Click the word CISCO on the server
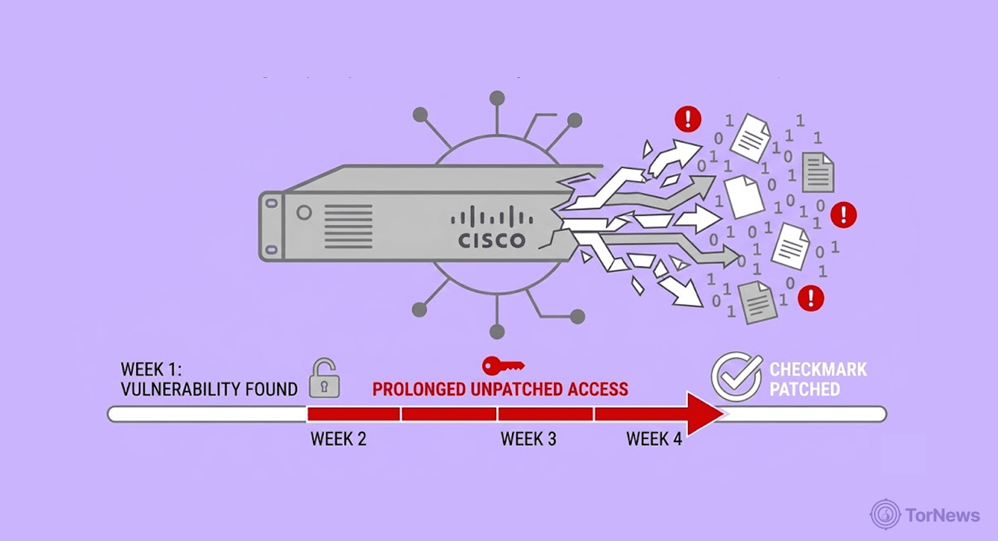(492, 241)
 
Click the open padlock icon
(324, 380)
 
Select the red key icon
(503, 365)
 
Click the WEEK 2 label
(338, 439)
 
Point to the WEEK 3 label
(528, 439)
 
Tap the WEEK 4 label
(654, 439)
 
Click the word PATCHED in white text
(804, 389)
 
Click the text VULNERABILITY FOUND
(209, 389)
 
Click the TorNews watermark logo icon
(885, 515)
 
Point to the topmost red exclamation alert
(687, 119)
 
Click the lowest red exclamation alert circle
(810, 298)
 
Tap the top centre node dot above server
(497, 98)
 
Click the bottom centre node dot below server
(497, 331)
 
